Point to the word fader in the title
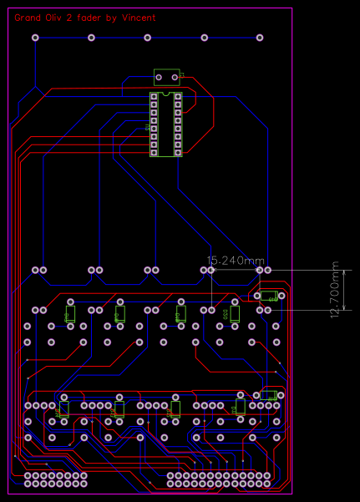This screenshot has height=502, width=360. click(x=104, y=17)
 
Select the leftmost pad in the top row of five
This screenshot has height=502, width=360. click(x=35, y=38)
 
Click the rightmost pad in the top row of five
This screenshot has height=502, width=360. click(x=259, y=38)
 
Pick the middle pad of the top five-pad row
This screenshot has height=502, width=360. click(x=148, y=38)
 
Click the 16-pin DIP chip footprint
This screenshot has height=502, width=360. click(x=165, y=124)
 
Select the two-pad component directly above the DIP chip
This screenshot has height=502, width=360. click(x=167, y=76)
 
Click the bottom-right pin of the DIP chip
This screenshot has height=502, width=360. click(x=177, y=152)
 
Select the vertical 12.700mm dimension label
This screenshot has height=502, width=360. click(x=335, y=291)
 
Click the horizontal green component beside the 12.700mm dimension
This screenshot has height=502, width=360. click(x=271, y=295)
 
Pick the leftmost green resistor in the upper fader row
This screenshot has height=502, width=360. click(x=70, y=314)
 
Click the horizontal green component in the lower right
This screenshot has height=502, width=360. click(x=267, y=395)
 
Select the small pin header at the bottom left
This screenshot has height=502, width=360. click(x=57, y=479)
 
